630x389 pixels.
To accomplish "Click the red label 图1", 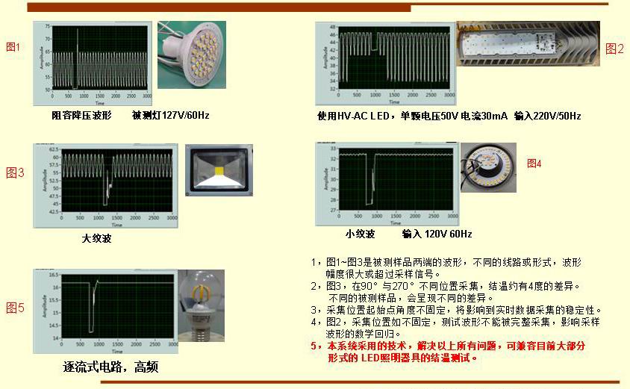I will click(x=13, y=47).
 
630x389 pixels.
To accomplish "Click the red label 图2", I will click(x=614, y=49).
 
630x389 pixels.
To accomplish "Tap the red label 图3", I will click(x=15, y=172).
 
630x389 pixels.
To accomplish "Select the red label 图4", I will click(x=534, y=164).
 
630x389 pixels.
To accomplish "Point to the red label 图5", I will click(x=15, y=308).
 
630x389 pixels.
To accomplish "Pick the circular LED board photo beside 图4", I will click(x=488, y=167).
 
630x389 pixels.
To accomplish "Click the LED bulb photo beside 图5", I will click(x=201, y=307).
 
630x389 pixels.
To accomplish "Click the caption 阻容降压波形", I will click(x=81, y=116).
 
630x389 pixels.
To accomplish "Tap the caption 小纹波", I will click(x=360, y=234).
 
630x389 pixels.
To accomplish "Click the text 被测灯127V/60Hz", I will click(x=171, y=116).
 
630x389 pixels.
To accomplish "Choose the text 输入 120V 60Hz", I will click(x=437, y=234).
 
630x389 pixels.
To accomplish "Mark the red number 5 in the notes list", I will click(x=314, y=346).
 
